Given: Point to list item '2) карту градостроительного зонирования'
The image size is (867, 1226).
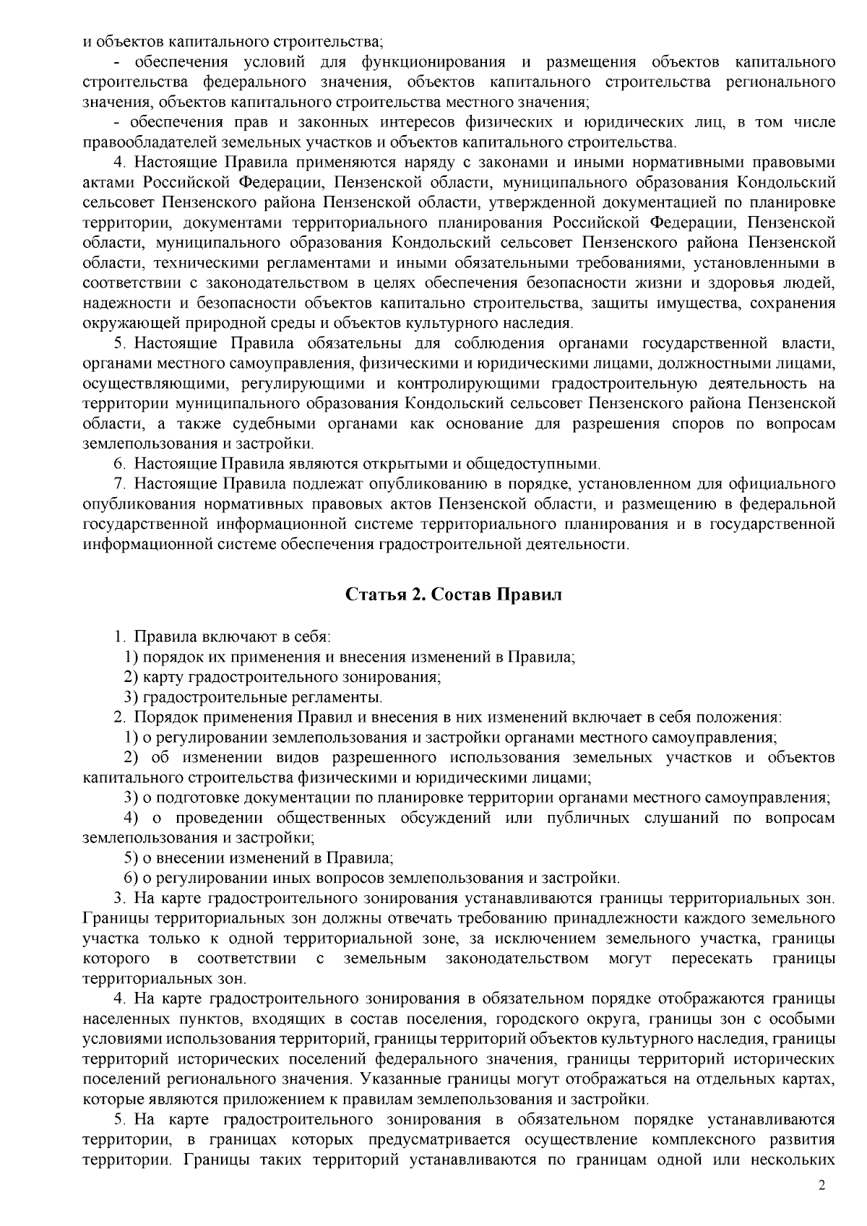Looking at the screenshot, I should (282, 677).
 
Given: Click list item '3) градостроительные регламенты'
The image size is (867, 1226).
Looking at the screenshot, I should (253, 697).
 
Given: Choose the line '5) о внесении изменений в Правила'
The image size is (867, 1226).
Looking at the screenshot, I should (259, 858).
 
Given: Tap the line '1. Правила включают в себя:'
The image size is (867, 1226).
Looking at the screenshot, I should (223, 637).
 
